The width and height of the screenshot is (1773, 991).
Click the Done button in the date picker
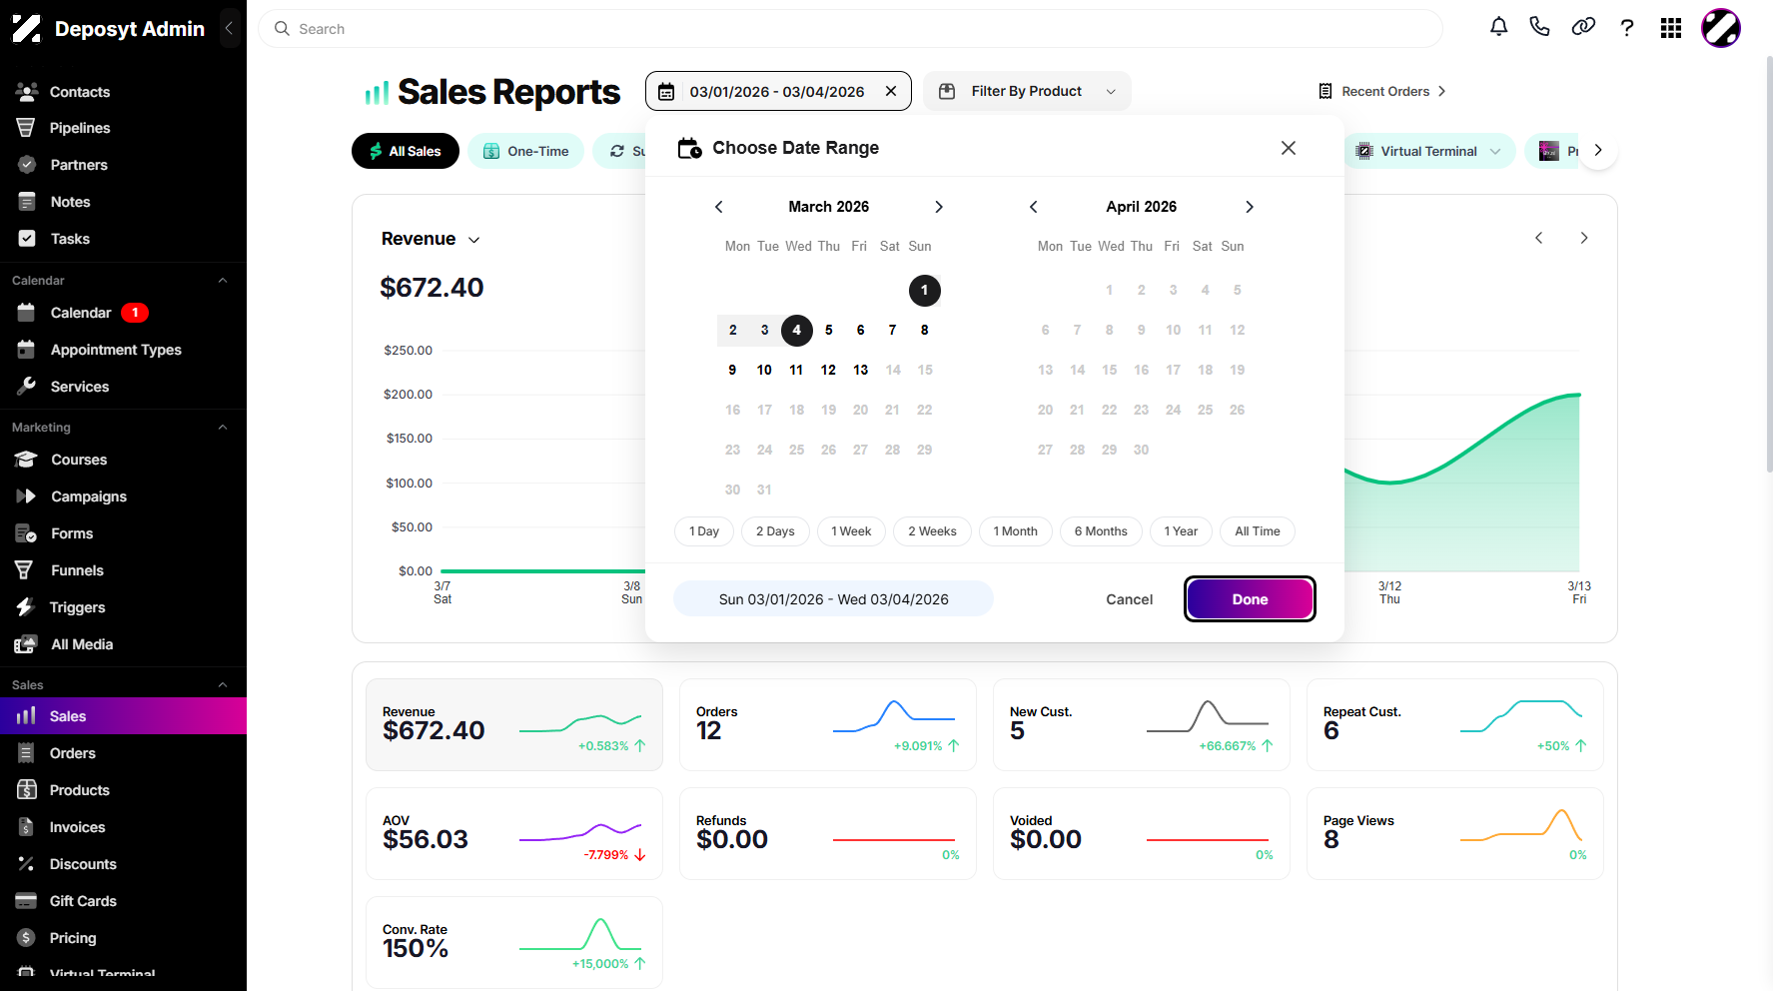click(x=1250, y=599)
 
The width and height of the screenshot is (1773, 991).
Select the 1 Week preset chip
click(x=851, y=531)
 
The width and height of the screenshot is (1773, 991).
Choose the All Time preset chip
click(x=1258, y=531)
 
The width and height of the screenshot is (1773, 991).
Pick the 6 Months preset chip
click(x=1101, y=531)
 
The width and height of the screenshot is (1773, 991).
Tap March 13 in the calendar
click(x=861, y=370)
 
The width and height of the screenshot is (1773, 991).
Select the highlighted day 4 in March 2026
click(x=796, y=330)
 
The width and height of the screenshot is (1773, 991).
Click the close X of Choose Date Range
click(x=1289, y=148)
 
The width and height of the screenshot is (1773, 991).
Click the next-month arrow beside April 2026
click(x=1250, y=207)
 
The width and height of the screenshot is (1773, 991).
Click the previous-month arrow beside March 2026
click(x=718, y=207)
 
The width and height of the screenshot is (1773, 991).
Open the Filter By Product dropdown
click(x=1027, y=91)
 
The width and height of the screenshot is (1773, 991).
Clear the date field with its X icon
click(x=891, y=91)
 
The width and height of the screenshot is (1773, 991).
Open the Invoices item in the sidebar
click(x=77, y=827)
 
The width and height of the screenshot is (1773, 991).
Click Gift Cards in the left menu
click(x=83, y=901)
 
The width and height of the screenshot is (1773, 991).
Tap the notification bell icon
click(x=1499, y=27)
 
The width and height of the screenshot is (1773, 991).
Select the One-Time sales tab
click(x=525, y=151)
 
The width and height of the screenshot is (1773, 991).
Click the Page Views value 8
click(x=1331, y=840)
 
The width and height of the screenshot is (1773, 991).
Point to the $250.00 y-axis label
click(x=408, y=351)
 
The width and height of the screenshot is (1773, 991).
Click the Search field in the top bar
click(x=850, y=29)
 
